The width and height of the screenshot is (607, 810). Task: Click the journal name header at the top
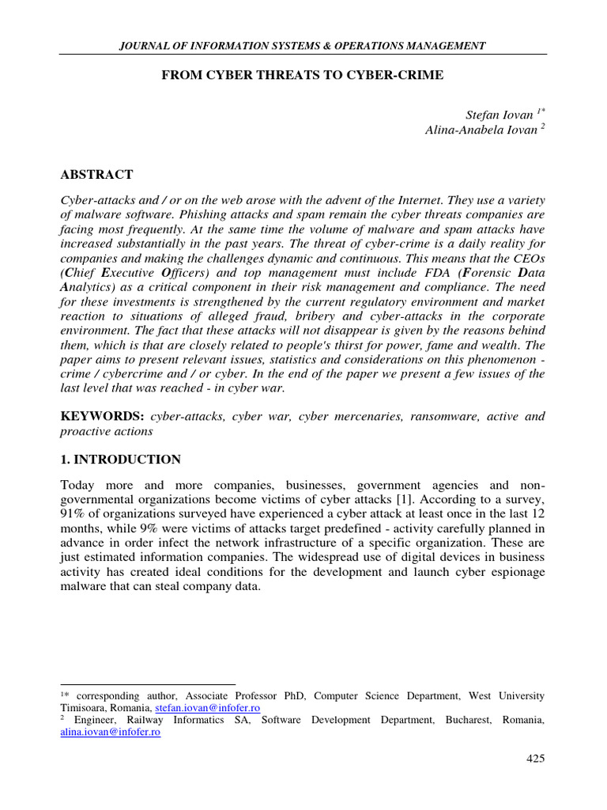click(x=303, y=47)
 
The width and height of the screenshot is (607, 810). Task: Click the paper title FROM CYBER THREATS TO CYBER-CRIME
click(x=303, y=75)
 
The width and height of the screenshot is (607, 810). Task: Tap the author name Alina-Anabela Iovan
click(x=477, y=131)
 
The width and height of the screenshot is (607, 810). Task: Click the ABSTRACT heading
click(x=96, y=174)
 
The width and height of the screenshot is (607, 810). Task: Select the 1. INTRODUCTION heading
click(x=120, y=460)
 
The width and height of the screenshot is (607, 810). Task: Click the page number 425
click(x=536, y=759)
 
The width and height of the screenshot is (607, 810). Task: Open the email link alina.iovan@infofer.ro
click(x=111, y=732)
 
